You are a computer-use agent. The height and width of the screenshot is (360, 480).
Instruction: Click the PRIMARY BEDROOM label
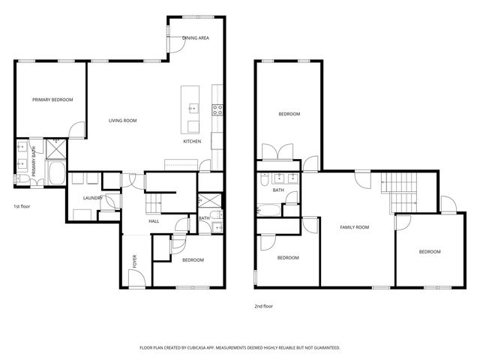pos(52,99)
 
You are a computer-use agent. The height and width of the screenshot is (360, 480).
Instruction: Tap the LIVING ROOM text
pos(122,120)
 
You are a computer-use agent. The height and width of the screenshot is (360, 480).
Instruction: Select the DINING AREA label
pos(195,37)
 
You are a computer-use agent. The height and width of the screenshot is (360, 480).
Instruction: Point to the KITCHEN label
pos(192,141)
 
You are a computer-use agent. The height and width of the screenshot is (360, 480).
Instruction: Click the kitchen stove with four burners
pos(218,110)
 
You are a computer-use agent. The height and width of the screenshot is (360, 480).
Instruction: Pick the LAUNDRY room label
pos(92,198)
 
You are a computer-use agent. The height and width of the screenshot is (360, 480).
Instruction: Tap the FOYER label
pos(135,261)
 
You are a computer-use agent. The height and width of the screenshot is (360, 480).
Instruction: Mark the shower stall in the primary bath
pos(55,148)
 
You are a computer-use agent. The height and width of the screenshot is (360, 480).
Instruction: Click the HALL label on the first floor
pos(154,221)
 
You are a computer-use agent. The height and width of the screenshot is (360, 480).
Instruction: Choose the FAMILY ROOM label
pos(355,226)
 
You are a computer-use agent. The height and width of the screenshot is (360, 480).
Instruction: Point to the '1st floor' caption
pos(22,205)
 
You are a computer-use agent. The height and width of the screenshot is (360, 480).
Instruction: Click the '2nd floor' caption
pos(264,306)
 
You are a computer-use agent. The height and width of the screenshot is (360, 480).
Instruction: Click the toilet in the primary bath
pos(19,178)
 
